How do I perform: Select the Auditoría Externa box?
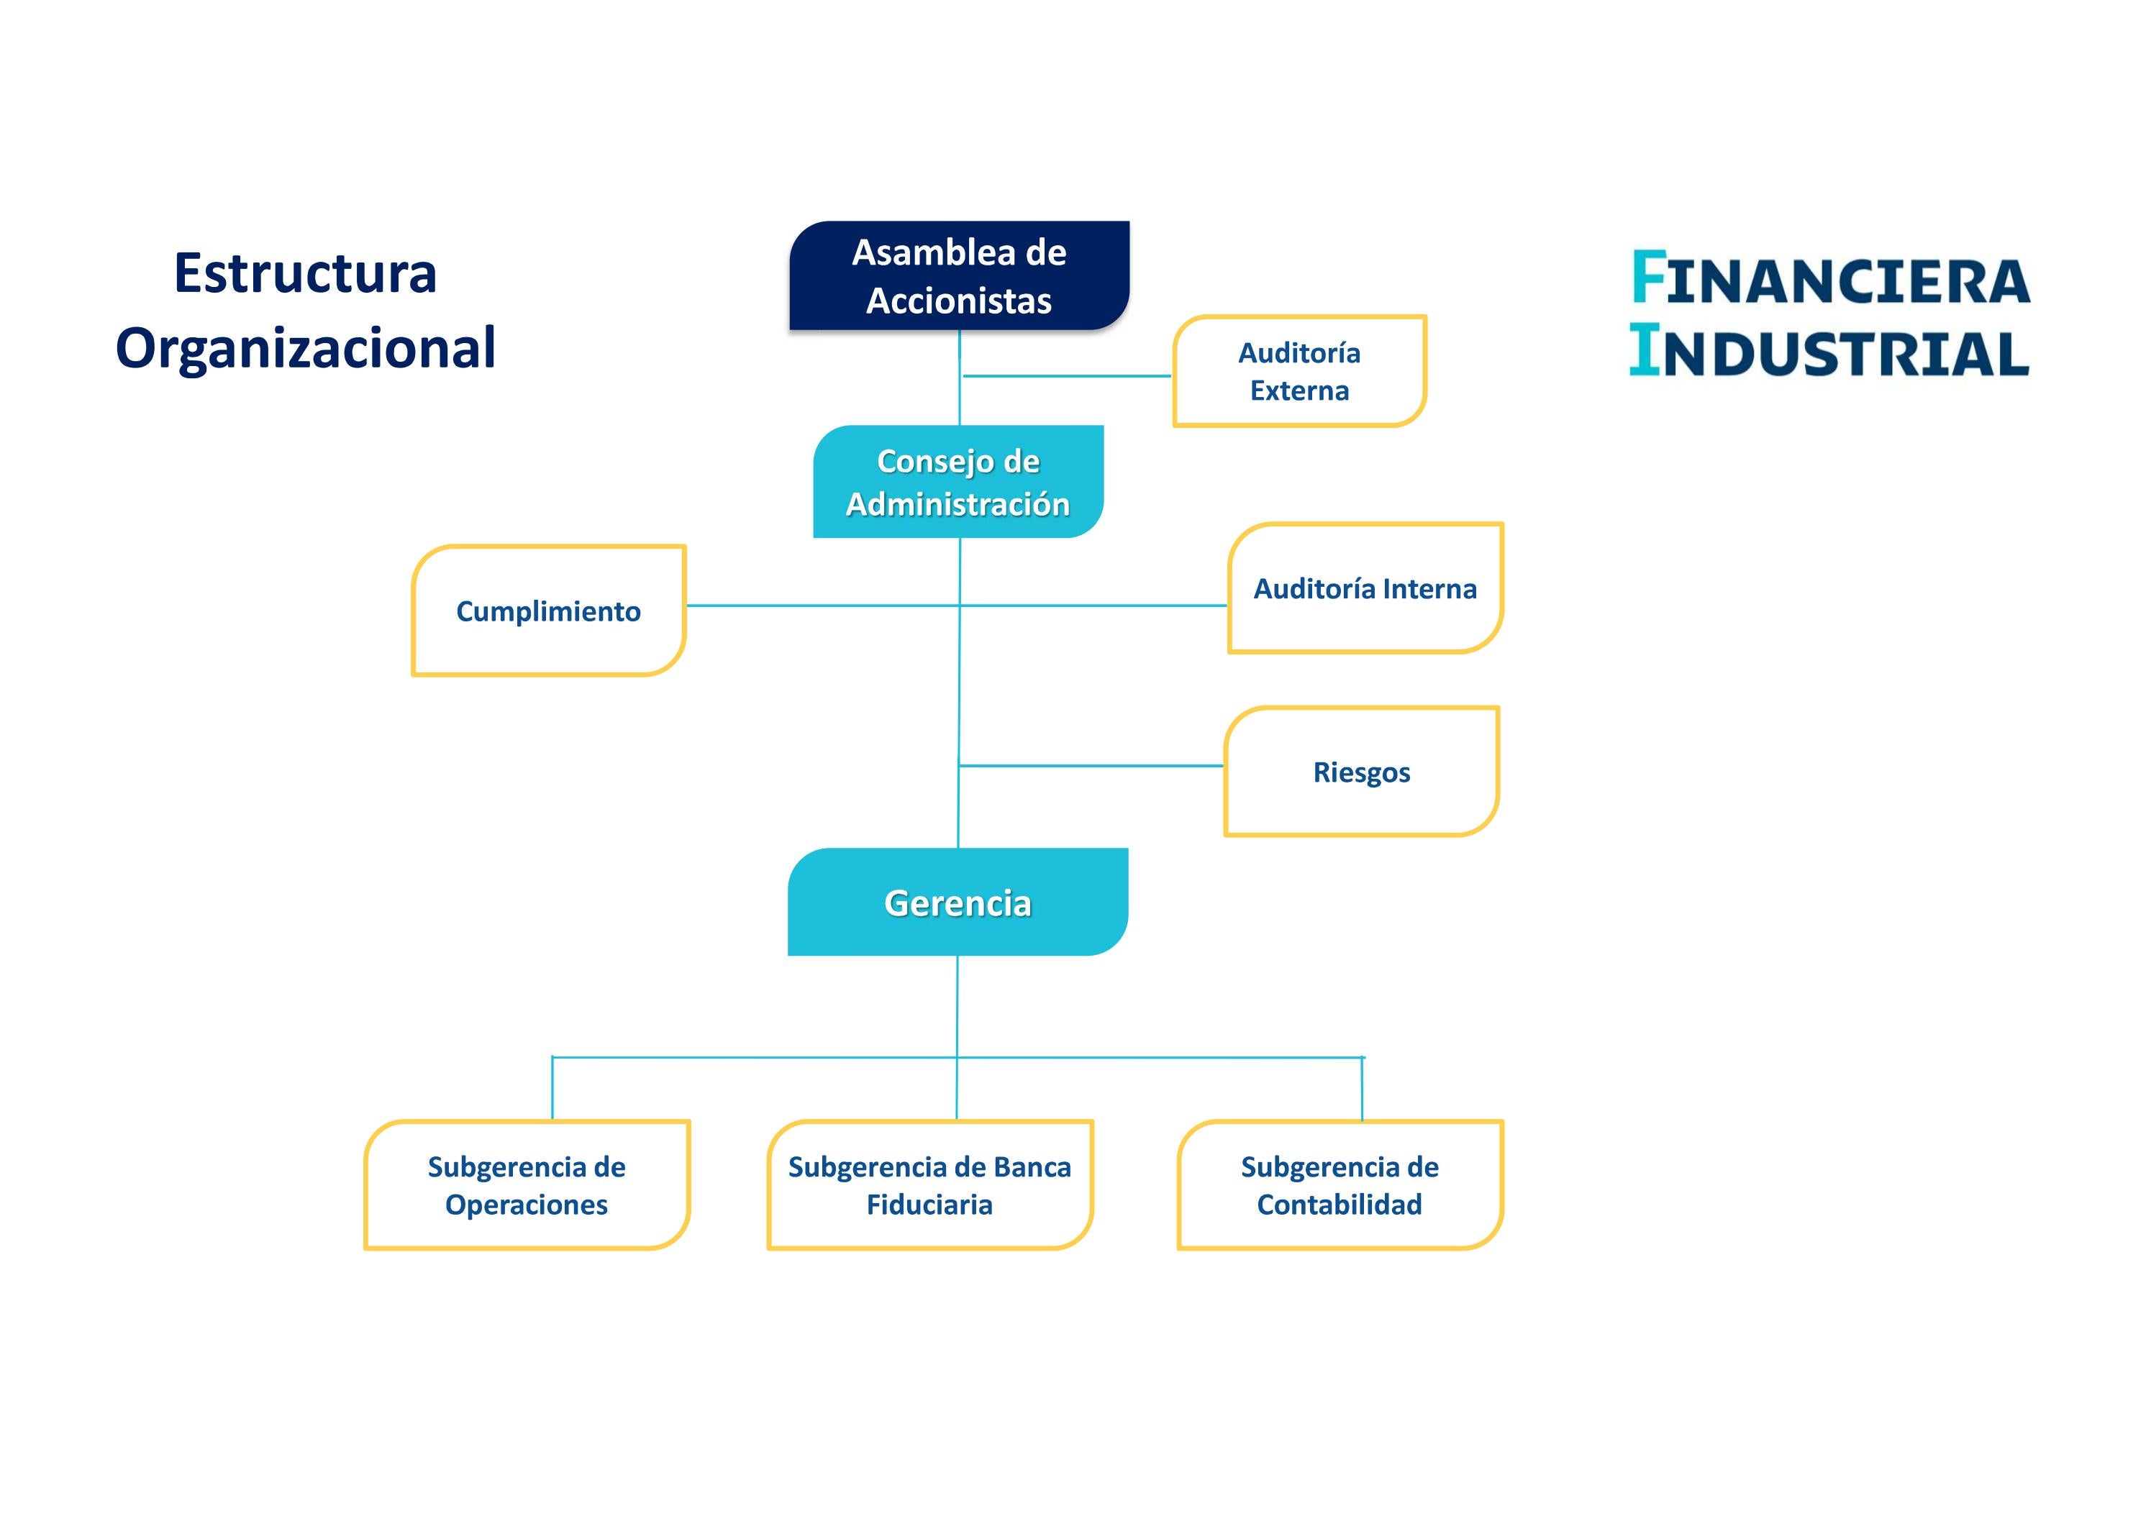(x=1299, y=371)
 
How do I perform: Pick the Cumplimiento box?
(x=548, y=611)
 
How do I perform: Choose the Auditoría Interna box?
(x=1365, y=588)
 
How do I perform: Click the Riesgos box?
(x=1360, y=772)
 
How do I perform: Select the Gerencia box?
(x=958, y=902)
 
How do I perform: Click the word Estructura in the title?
(x=306, y=273)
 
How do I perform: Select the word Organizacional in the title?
(x=306, y=348)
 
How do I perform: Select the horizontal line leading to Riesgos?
(x=1091, y=765)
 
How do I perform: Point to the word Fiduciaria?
(x=929, y=1205)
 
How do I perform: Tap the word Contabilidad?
(x=1340, y=1205)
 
